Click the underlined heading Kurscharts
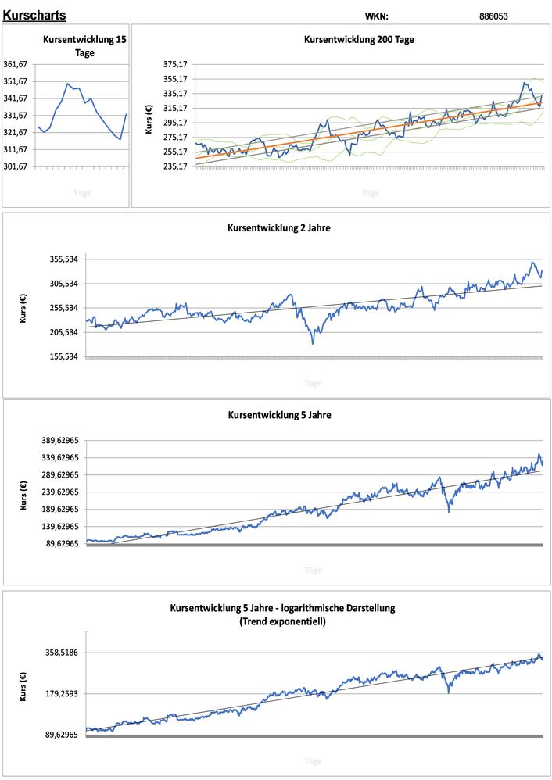click(34, 15)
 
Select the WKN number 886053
click(493, 16)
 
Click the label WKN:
click(376, 16)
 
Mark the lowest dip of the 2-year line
click(313, 342)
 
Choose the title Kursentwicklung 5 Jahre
click(278, 415)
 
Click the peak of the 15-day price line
click(68, 84)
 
